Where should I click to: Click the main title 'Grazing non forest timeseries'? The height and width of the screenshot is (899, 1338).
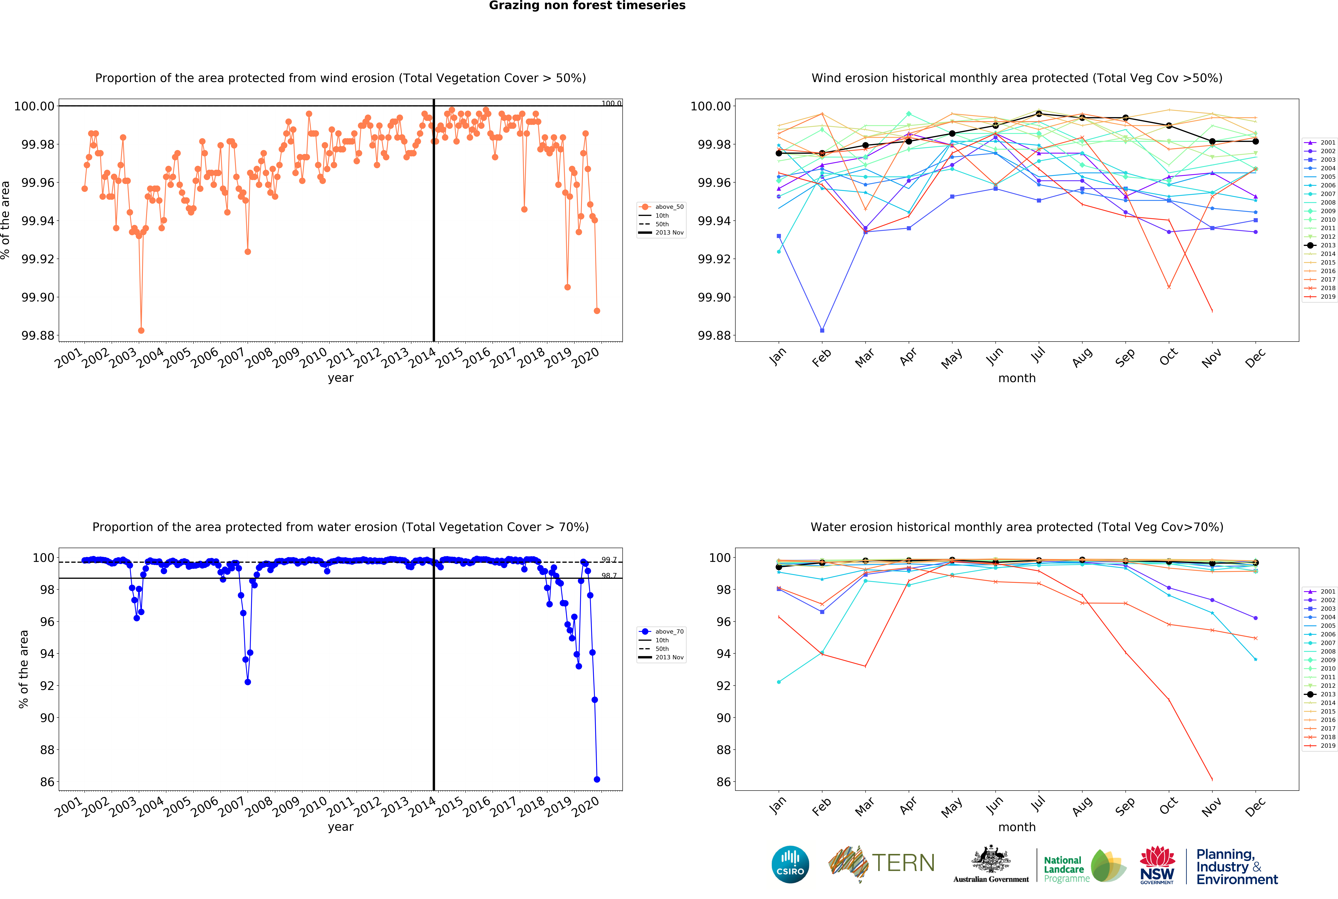(x=587, y=6)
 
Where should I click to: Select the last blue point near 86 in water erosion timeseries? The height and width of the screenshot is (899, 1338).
(x=597, y=779)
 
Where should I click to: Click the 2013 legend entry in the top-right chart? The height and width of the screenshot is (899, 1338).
(x=1321, y=245)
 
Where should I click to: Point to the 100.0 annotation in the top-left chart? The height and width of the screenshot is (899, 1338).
(x=611, y=103)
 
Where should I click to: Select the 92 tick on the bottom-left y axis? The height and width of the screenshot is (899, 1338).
(x=47, y=686)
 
